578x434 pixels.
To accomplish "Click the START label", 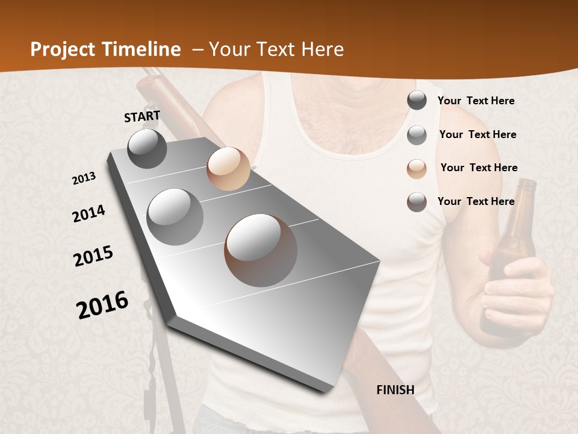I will pos(142,116).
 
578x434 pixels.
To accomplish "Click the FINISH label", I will pos(395,390).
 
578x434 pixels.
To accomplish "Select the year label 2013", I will pos(84,178).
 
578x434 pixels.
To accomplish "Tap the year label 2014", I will pos(89,214).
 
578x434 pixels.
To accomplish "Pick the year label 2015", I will pos(93,256).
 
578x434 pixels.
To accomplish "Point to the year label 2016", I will pos(102,304).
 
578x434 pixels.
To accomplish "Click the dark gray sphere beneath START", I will pos(147,148).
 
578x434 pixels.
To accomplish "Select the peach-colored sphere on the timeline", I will pos(228,169).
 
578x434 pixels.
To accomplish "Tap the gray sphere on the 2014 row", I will pos(175,216).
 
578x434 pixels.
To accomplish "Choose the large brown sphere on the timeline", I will pos(261,250).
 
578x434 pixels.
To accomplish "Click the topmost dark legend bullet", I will pos(417,101).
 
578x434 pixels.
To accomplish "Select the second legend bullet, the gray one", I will pos(417,135).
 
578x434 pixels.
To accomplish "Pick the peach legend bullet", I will pos(417,168).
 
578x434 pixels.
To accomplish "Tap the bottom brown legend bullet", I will pos(417,202).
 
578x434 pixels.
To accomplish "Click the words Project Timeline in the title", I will pos(105,49).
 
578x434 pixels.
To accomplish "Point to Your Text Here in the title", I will pos(276,49).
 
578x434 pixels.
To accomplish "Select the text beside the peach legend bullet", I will pos(479,168).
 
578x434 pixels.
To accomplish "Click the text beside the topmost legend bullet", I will pos(476,101).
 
